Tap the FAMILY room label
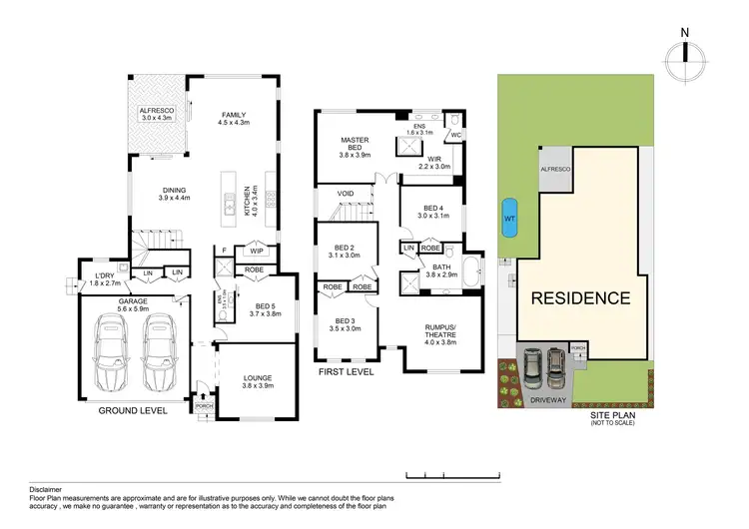click(x=233, y=115)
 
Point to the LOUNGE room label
click(x=257, y=377)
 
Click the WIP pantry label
click(x=257, y=252)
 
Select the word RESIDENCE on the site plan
click(x=579, y=297)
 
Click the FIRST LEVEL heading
click(x=347, y=370)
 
